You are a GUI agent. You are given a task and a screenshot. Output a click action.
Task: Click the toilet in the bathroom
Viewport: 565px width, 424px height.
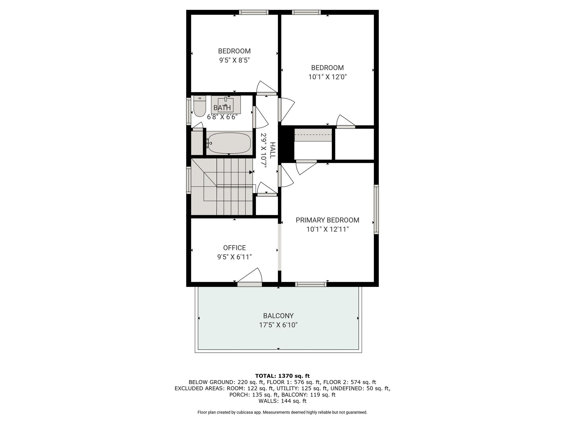[x=199, y=107]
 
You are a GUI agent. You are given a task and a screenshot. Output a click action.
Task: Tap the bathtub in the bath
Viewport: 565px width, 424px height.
[x=229, y=143]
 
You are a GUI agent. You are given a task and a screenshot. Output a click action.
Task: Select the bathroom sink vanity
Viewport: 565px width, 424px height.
[x=226, y=104]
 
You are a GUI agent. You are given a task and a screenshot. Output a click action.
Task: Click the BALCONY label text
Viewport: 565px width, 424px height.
[x=278, y=316]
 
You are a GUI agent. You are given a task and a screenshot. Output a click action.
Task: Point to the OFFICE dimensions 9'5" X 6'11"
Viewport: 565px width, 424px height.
[x=234, y=257]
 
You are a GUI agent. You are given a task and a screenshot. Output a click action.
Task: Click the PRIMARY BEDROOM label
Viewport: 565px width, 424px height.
[x=327, y=220]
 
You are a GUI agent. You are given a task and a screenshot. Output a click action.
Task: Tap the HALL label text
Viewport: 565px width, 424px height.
[x=272, y=150]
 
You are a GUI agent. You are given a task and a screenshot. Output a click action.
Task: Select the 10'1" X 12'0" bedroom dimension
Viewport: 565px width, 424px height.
[x=327, y=77]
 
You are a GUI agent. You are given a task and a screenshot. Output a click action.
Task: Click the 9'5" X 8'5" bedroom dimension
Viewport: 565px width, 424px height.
[x=234, y=60]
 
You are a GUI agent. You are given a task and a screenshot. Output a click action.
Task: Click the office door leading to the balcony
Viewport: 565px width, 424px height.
[x=249, y=284]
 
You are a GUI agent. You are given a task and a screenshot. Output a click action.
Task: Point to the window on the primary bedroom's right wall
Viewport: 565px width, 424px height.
[x=376, y=209]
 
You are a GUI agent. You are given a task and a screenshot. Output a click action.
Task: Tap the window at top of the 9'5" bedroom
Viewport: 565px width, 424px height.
[x=254, y=12]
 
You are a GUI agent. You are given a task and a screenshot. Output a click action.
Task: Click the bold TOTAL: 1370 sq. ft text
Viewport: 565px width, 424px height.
[x=282, y=376]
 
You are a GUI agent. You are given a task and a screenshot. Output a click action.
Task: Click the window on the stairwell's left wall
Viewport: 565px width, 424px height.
[x=189, y=180]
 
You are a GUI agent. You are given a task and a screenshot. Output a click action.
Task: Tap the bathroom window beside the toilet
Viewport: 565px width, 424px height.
[x=189, y=111]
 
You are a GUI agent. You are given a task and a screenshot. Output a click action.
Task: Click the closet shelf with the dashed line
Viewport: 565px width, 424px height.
[x=313, y=135]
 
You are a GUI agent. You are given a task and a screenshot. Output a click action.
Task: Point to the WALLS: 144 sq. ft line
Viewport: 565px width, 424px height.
[x=282, y=401]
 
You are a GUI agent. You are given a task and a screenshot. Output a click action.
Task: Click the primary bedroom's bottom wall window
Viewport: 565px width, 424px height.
[x=311, y=284]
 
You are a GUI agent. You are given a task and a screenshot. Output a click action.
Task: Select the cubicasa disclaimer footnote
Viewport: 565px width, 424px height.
[x=282, y=412]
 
